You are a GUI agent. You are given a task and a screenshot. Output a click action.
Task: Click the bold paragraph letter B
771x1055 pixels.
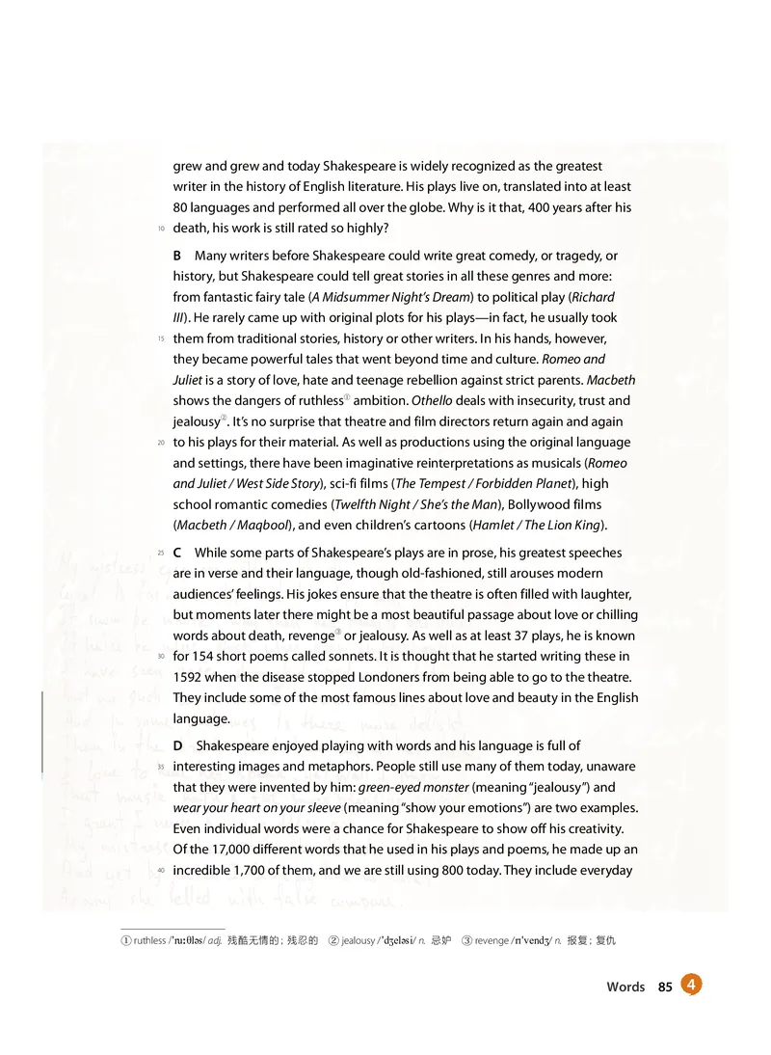tap(177, 256)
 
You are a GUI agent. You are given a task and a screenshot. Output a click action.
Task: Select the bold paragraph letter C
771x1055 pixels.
tap(177, 553)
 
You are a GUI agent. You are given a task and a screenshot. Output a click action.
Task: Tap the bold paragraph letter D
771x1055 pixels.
tap(178, 745)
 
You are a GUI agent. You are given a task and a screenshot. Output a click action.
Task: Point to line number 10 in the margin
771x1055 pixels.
tap(160, 229)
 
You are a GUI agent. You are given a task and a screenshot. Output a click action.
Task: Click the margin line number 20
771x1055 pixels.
tap(160, 443)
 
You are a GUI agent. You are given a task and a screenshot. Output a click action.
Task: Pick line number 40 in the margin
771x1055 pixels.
tap(160, 871)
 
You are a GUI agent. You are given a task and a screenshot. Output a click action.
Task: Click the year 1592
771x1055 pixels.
tap(189, 677)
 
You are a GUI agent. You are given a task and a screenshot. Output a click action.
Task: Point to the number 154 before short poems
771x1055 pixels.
tap(204, 657)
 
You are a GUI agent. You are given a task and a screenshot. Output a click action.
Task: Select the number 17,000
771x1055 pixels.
tap(226, 850)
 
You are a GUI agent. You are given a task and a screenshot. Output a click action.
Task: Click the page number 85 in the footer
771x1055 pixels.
tap(664, 987)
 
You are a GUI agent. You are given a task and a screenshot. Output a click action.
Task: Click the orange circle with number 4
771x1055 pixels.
tap(691, 984)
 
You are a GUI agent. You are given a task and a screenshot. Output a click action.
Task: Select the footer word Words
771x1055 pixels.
tap(625, 987)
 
